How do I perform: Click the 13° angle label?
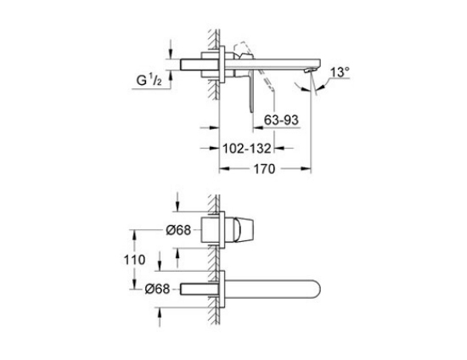[x=340, y=72]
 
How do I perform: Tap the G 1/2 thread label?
[x=149, y=80]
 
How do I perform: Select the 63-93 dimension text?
[x=281, y=120]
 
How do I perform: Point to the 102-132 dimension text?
[x=247, y=149]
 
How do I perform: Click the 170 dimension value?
[x=264, y=169]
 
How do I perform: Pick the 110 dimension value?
[x=135, y=260]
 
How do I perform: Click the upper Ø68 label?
[x=178, y=230]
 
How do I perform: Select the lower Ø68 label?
[x=158, y=289]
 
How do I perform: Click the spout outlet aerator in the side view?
[x=309, y=70]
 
